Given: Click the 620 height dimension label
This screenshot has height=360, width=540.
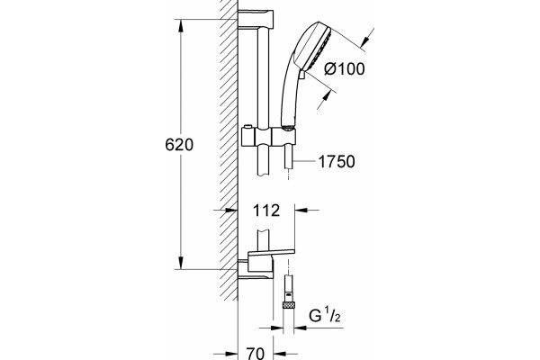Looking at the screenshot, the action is click(x=179, y=145).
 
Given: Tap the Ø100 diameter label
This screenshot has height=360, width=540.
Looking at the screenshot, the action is click(x=345, y=69).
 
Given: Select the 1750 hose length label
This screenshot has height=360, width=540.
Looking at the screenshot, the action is click(x=337, y=162).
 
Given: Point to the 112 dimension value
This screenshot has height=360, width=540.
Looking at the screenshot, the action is click(x=266, y=210).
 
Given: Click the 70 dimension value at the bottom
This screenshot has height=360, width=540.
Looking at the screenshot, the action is click(x=256, y=354).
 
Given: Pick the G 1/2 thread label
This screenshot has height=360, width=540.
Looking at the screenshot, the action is click(x=324, y=316).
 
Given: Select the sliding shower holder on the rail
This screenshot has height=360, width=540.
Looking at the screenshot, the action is click(x=268, y=136).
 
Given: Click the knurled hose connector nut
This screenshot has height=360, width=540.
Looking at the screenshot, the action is click(x=288, y=304).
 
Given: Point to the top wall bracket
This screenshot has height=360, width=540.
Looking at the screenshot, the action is click(x=256, y=19).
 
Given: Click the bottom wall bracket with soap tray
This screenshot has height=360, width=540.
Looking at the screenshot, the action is click(x=265, y=264).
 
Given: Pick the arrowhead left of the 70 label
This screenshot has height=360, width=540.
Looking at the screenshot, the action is click(x=232, y=354).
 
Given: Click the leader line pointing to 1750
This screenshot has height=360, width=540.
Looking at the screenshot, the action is click(x=303, y=161).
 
